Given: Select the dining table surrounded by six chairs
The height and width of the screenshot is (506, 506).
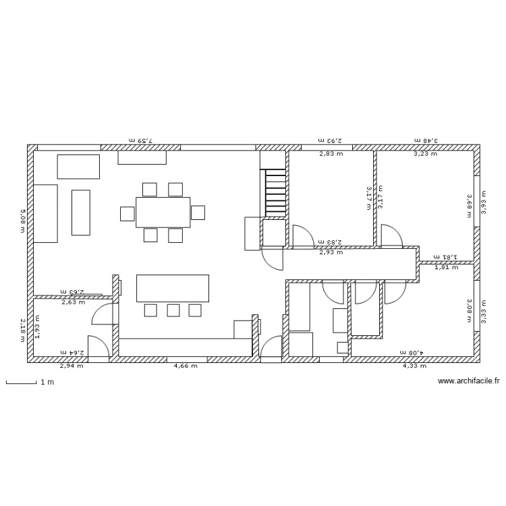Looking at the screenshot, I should tap(163, 212).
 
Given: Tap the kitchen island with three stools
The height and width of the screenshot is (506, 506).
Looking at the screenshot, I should tap(173, 288).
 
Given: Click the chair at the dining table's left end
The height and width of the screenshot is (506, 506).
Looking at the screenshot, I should tap(128, 213).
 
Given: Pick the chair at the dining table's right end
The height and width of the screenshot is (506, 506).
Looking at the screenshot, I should tap(198, 213).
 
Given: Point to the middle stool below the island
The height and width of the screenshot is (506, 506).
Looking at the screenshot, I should tap(173, 310).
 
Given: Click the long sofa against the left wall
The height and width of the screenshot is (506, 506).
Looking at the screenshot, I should tap(45, 213).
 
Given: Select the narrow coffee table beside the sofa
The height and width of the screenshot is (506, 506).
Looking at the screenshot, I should tap(81, 213).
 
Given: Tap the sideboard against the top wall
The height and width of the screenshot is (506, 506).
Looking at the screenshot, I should tap(142, 157).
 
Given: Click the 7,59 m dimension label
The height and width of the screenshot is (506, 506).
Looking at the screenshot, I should tap(141, 140).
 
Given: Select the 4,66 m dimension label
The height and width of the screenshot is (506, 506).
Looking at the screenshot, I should tap(186, 366).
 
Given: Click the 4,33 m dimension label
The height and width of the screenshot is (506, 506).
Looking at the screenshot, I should tap(414, 366).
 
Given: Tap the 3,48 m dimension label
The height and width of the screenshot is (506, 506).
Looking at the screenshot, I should tap(426, 140).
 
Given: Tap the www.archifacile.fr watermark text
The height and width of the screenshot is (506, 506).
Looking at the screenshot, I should tap(468, 381).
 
